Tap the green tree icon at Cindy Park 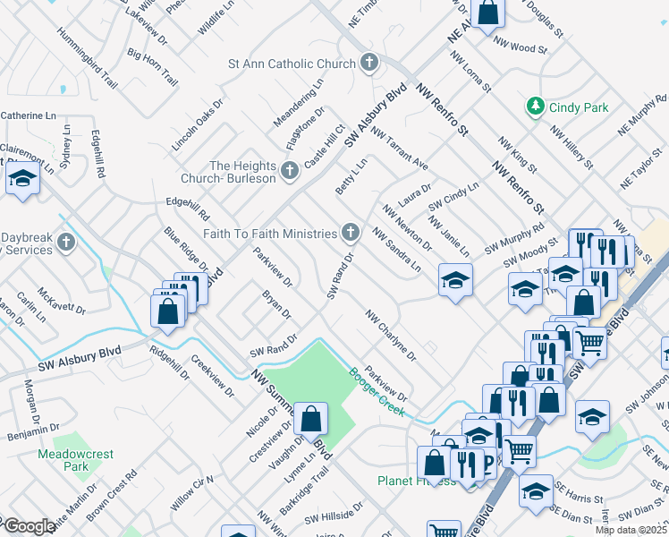coord(535,107)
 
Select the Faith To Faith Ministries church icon coord(351,234)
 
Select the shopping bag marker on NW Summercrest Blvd coord(310,418)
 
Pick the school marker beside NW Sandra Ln coord(454,281)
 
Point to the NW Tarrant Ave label coord(400,152)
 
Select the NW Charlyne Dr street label coord(390,336)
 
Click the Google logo coord(29,526)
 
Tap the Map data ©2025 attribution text coord(630,530)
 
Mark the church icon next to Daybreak coord(66,242)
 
